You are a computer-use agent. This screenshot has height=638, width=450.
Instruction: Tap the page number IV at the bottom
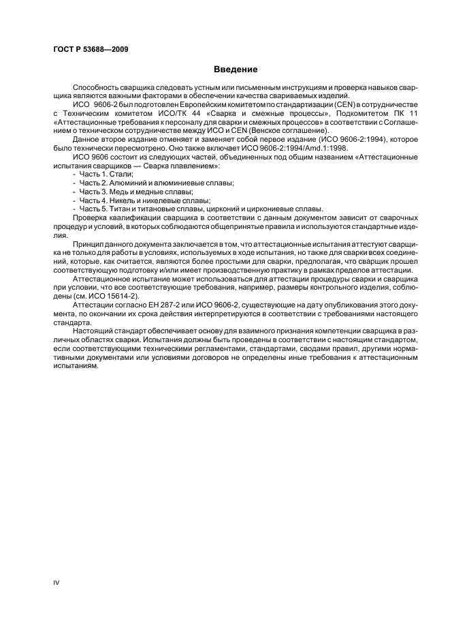pyautogui.click(x=57, y=583)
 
